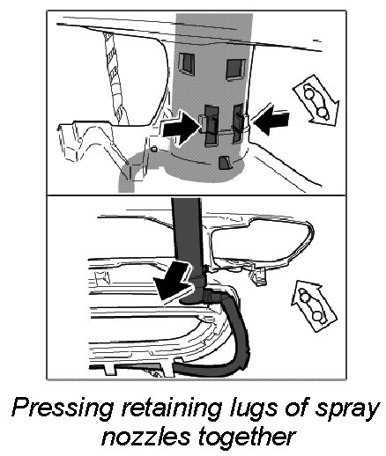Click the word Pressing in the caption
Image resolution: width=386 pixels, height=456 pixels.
click(63, 409)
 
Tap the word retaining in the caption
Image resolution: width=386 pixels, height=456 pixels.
click(170, 408)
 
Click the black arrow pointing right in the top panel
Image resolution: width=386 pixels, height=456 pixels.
click(182, 129)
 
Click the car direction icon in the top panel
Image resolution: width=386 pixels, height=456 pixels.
click(316, 100)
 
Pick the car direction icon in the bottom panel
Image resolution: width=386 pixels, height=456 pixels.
click(313, 306)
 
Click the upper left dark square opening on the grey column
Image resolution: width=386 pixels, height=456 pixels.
click(187, 63)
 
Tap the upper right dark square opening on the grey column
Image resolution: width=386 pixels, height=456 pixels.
click(235, 70)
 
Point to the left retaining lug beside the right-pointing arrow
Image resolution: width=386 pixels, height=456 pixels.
click(212, 125)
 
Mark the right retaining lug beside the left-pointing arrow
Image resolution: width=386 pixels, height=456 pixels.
click(238, 123)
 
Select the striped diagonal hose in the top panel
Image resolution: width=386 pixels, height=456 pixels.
click(115, 79)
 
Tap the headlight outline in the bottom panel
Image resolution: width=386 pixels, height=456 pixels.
click(262, 245)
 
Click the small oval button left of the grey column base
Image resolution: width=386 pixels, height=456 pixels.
click(155, 150)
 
